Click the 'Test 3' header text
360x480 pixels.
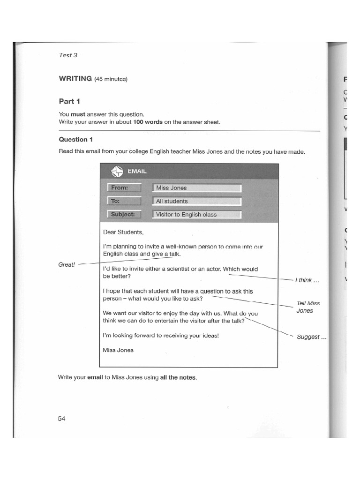[68, 55]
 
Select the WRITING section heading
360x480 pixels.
[75, 78]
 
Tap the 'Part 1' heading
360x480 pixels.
[69, 101]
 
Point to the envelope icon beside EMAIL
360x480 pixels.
[116, 172]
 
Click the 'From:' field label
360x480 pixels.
[124, 188]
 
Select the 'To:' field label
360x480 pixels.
[124, 201]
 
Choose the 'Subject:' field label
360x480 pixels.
[124, 214]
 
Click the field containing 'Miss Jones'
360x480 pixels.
[197, 188]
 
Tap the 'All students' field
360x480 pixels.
[197, 201]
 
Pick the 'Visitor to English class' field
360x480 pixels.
[197, 214]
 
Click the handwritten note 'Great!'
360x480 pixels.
[67, 264]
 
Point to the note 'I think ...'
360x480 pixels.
[307, 280]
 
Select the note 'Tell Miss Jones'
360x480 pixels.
[308, 307]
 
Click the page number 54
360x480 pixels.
[62, 419]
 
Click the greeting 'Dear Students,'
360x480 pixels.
[124, 232]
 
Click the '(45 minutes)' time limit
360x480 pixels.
[111, 79]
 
